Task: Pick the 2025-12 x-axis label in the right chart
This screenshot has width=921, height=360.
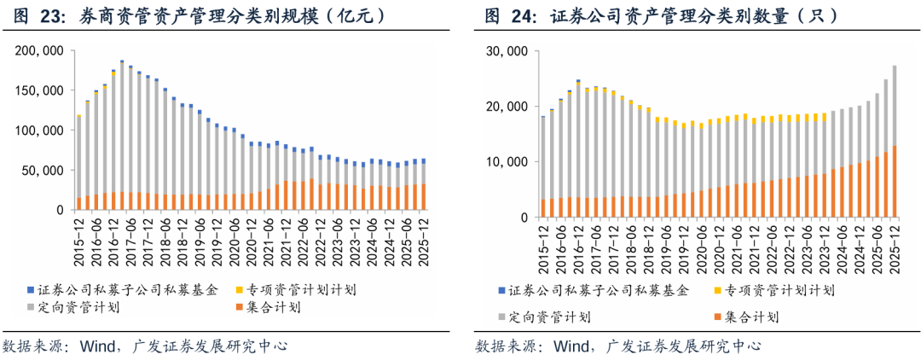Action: click(x=895, y=246)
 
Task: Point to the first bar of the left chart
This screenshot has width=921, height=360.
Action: click(x=79, y=162)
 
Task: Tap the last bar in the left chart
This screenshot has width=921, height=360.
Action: click(x=424, y=183)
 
